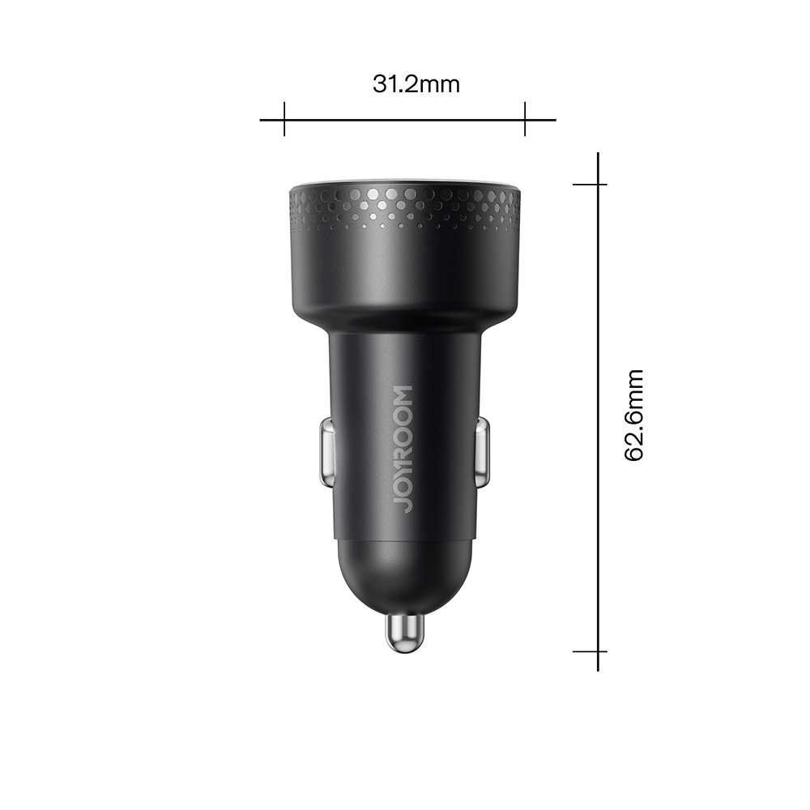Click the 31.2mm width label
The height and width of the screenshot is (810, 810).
(416, 83)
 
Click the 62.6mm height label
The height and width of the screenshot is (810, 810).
(634, 415)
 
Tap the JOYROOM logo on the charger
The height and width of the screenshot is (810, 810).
(404, 448)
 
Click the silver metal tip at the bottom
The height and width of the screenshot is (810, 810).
(404, 632)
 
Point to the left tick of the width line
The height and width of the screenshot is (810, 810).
(284, 120)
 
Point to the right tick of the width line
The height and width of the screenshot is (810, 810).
(525, 120)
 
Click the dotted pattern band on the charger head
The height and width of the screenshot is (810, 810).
(404, 207)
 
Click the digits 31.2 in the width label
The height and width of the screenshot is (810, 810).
(394, 83)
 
